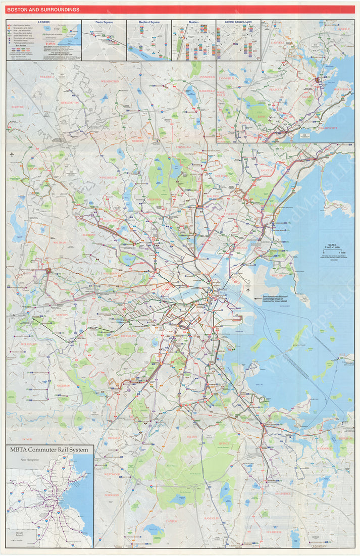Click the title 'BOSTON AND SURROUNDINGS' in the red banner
point(43,10)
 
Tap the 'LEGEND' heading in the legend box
point(44,22)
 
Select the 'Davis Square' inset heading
point(104,22)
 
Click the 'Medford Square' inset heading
point(148,22)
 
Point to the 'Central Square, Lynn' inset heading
point(238,22)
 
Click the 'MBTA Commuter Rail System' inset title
point(49,449)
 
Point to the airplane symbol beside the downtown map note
point(248,291)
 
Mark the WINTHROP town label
point(278,276)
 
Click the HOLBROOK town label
point(274,532)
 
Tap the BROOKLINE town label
point(129,335)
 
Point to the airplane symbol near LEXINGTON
point(11,155)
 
